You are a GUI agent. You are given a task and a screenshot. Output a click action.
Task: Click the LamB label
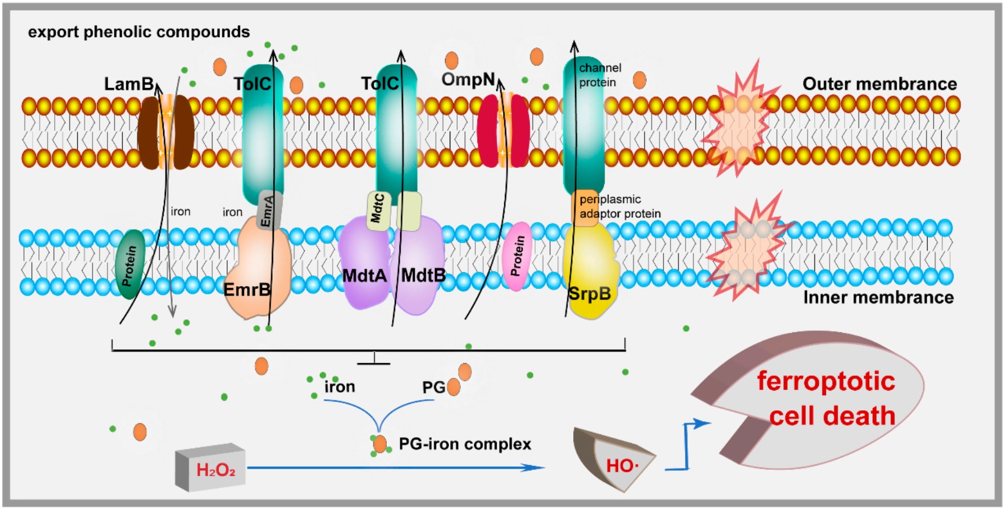[129, 85]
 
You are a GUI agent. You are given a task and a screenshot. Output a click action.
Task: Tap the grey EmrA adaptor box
[269, 210]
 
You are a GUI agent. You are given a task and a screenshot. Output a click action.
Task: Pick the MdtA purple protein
[364, 262]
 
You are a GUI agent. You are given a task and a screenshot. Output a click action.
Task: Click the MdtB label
[423, 276]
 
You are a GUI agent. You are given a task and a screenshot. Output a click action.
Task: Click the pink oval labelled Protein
[517, 256]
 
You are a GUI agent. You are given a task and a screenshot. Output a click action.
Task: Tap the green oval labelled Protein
[129, 264]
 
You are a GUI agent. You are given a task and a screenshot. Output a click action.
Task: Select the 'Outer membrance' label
[879, 84]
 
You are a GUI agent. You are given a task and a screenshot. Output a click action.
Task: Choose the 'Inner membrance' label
[878, 298]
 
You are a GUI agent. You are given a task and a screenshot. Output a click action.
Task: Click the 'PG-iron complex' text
[465, 444]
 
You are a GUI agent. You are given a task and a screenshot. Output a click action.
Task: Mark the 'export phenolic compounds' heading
[139, 32]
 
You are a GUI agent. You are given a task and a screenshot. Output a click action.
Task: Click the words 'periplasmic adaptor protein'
[620, 206]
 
